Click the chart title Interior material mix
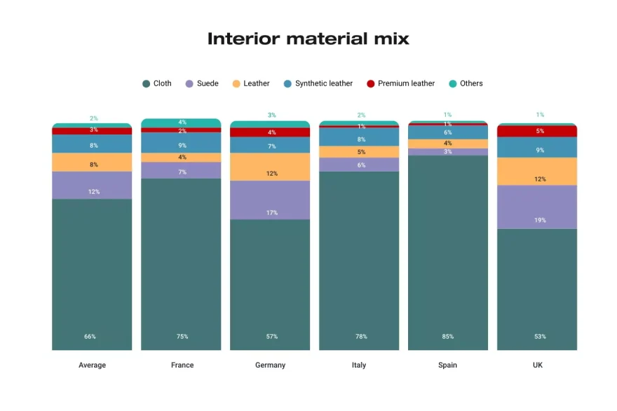click(x=308, y=39)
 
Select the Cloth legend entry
click(x=157, y=83)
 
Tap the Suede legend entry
click(x=202, y=83)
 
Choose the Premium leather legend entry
click(x=400, y=83)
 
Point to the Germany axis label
click(x=270, y=365)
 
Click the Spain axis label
click(x=448, y=365)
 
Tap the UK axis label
click(x=537, y=365)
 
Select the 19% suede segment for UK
click(x=537, y=207)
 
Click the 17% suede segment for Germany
click(x=270, y=200)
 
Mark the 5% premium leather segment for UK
click(x=537, y=131)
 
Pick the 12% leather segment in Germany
click(x=270, y=167)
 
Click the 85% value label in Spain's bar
click(x=448, y=337)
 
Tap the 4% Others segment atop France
click(x=181, y=123)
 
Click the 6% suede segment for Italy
click(x=359, y=165)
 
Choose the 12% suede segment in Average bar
click(x=92, y=186)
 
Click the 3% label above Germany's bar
click(x=271, y=115)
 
